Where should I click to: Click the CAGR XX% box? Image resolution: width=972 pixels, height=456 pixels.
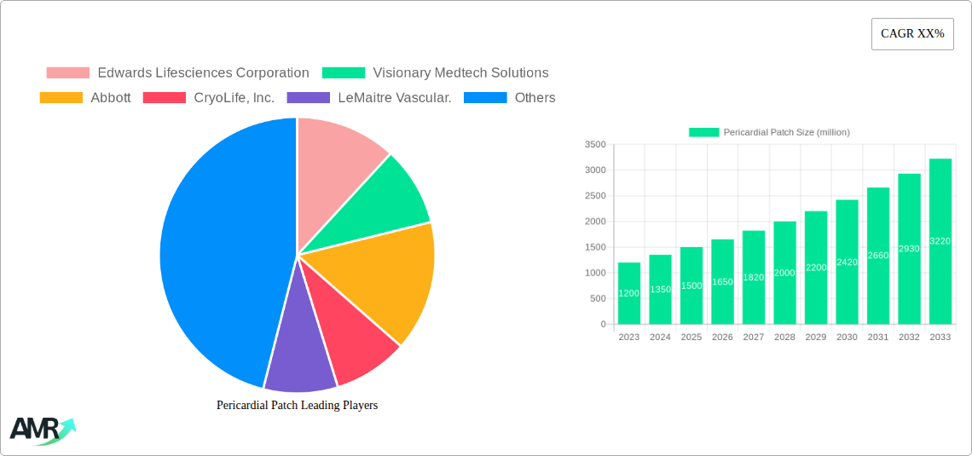point(912,34)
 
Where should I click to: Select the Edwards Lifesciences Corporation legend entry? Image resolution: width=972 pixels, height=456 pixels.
point(177,73)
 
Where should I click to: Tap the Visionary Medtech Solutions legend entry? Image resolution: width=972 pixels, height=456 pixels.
point(436,73)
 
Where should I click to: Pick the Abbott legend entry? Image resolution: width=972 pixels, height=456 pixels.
point(85,98)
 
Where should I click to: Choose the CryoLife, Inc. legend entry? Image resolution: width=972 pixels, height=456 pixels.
point(209,98)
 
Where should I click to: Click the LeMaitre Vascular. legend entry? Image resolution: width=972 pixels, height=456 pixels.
point(369,98)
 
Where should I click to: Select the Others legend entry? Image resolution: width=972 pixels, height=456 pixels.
point(509,98)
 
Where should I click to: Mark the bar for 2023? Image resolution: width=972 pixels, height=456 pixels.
point(629,293)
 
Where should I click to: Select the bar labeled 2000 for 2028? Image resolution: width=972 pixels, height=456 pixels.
point(784,273)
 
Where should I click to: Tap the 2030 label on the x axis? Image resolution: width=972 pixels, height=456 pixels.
point(847,338)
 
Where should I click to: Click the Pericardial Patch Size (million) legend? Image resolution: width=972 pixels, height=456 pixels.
point(769,132)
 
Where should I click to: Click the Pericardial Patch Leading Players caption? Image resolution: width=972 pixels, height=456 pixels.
point(297,406)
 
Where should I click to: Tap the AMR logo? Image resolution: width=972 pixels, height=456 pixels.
point(41,430)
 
